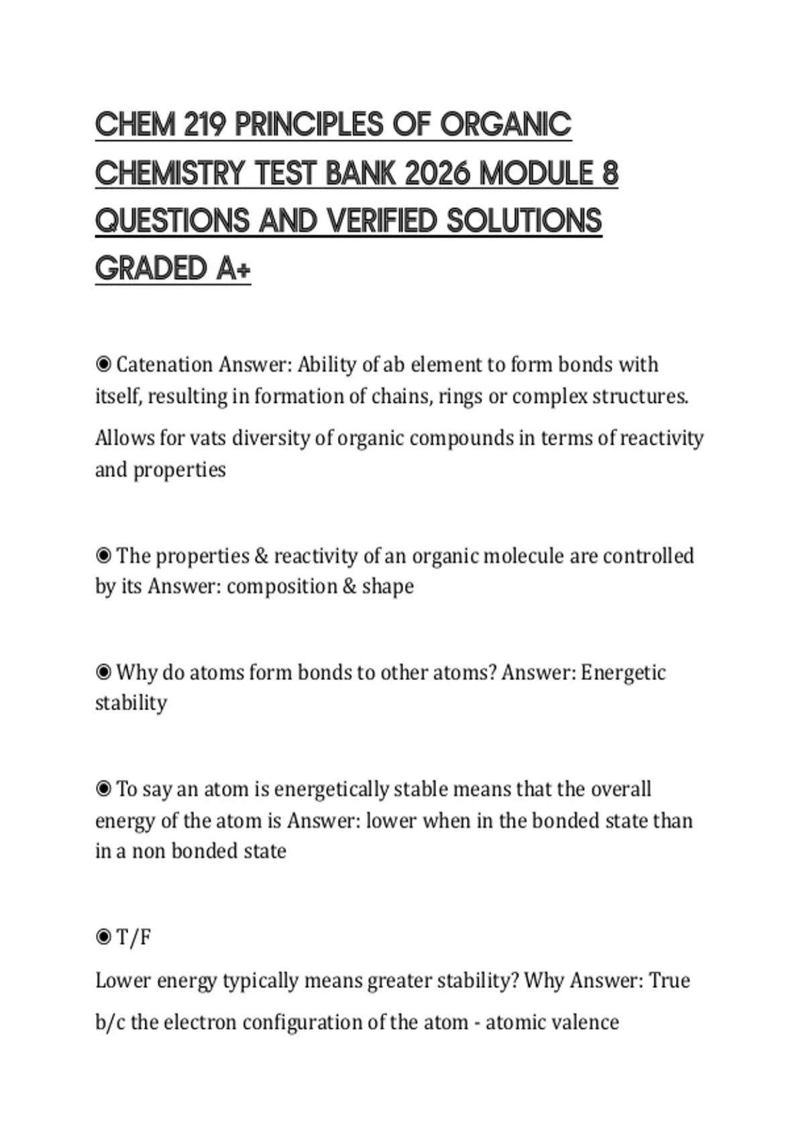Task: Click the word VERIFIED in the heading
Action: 382,221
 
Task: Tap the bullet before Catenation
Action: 103,365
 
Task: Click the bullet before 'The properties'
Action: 103,556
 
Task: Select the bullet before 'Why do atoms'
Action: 103,672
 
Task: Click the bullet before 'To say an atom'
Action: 103,789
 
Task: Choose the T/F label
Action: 133,937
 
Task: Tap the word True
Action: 669,980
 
